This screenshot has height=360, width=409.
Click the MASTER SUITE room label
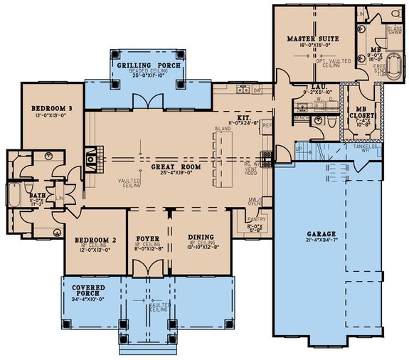click(313, 38)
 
